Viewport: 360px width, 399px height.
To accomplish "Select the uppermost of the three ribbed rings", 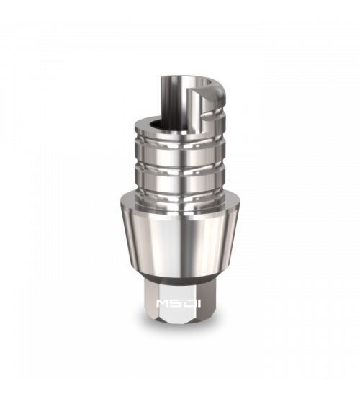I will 180,142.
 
